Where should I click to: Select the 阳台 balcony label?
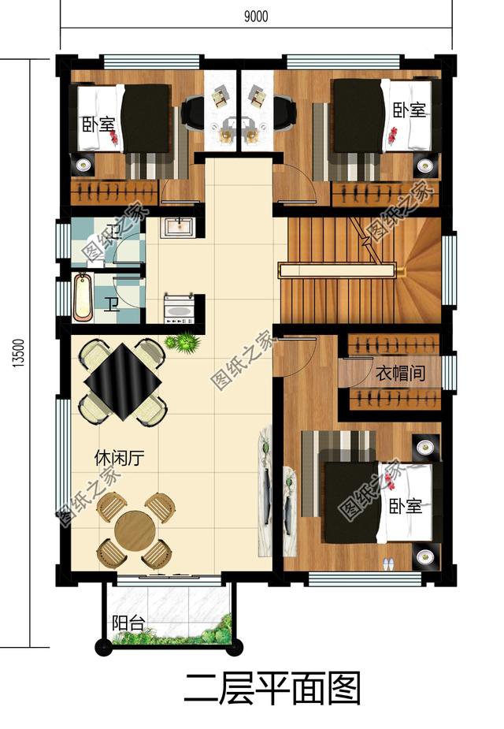128,624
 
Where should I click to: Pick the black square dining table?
124,383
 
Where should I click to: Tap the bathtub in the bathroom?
83,296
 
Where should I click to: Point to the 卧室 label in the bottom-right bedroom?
406,506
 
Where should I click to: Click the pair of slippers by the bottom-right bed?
388,563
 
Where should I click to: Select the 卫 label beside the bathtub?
113,303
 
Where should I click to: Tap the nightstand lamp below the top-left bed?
83,166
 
